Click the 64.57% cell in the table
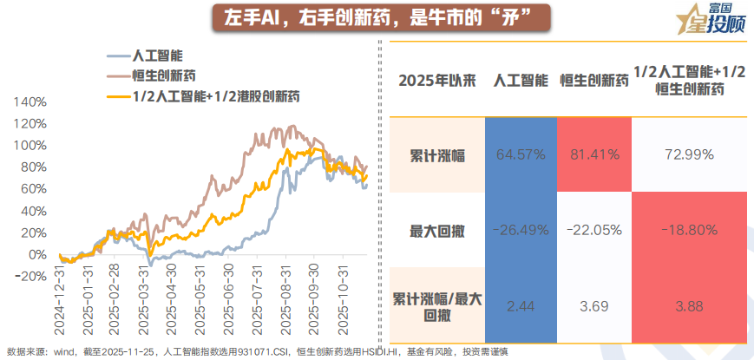521,154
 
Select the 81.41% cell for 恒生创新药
594,154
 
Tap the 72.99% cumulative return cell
690,154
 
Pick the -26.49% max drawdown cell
521,229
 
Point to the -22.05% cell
594,229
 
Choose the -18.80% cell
690,229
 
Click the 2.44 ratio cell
521,305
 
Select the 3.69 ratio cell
594,305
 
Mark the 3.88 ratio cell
690,305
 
